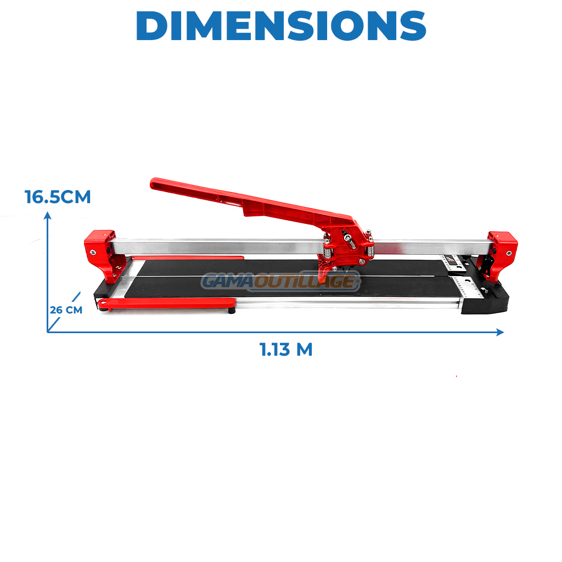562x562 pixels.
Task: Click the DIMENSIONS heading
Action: pyautogui.click(x=281, y=25)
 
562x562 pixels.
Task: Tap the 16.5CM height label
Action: pyautogui.click(x=58, y=197)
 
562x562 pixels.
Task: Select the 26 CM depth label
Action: pyautogui.click(x=66, y=310)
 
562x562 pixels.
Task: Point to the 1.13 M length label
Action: pyautogui.click(x=286, y=350)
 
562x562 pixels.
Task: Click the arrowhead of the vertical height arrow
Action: pyautogui.click(x=47, y=215)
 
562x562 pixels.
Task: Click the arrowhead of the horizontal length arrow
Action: pyautogui.click(x=500, y=332)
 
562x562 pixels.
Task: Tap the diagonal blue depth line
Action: pyautogui.click(x=64, y=312)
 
